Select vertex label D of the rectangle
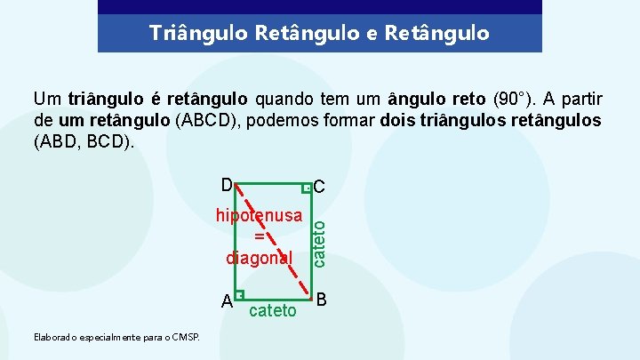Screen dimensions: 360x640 point(228,185)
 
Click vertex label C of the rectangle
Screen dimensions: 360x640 point(320,188)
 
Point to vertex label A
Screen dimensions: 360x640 point(228,300)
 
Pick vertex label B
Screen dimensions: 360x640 point(322,299)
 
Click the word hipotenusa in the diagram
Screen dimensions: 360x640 point(259,216)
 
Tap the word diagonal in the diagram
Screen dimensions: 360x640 point(260,258)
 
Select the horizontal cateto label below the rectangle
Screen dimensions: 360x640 point(273,310)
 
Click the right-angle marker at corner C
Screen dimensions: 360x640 point(307,188)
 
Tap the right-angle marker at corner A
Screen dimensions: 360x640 point(240,295)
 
